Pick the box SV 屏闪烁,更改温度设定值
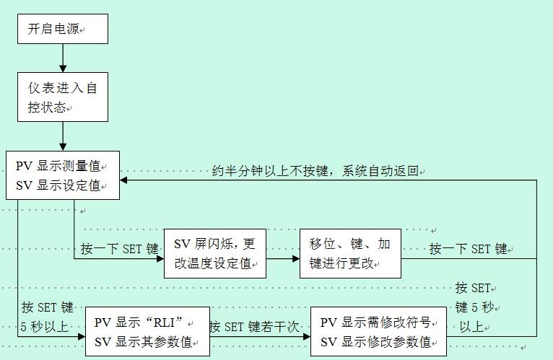215,253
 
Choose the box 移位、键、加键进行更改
350,253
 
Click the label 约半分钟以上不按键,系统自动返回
315,172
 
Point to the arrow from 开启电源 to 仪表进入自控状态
63,58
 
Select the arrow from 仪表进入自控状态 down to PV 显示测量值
63,136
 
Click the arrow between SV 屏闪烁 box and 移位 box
282,258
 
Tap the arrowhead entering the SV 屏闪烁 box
159,258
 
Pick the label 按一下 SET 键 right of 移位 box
469,250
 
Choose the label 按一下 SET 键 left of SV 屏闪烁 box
119,250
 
